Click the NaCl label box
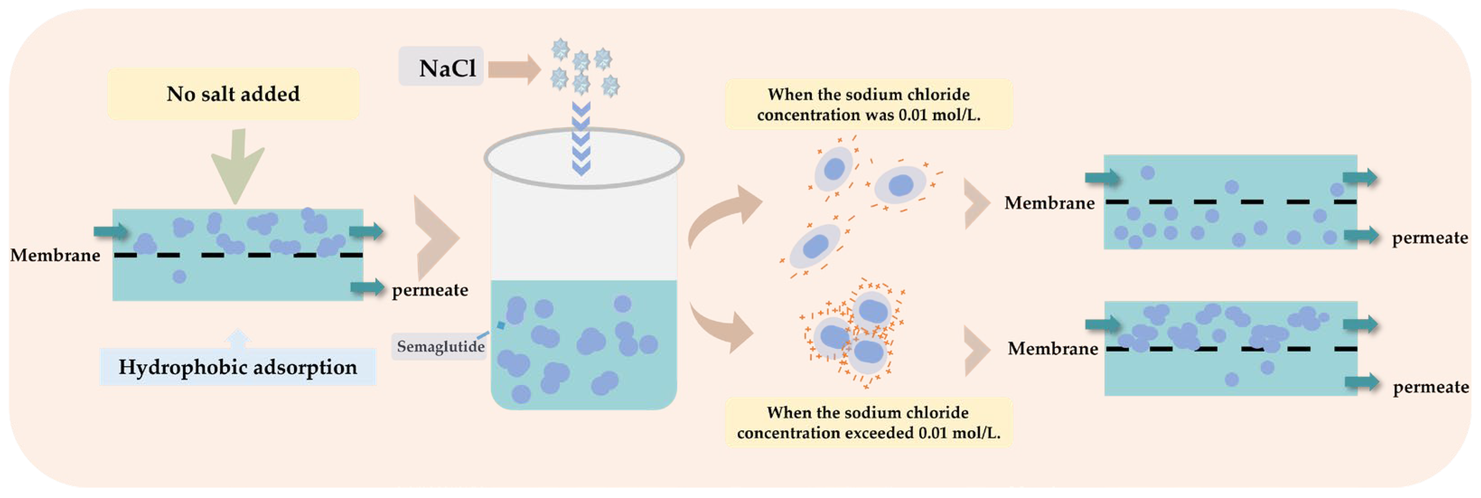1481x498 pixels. coord(441,67)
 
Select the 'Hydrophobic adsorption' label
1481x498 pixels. coord(238,367)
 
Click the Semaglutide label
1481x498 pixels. coord(440,346)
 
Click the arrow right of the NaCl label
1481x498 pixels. coord(514,70)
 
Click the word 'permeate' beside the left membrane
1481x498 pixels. coord(430,290)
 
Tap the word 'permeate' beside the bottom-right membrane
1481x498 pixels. coord(1430,387)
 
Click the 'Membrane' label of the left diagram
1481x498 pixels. coord(55,255)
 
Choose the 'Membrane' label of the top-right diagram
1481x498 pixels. coord(1049,203)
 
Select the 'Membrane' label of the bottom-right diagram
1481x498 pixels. coord(1053,348)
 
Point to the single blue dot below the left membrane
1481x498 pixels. coord(179,277)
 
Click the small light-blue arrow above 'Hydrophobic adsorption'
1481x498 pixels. coord(238,339)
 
